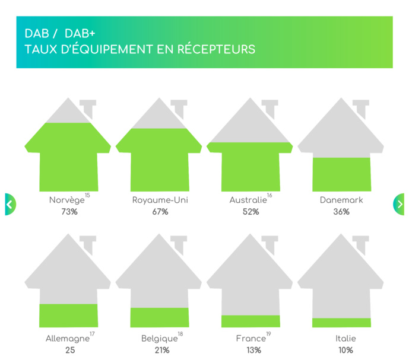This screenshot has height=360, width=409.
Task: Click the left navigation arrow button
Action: (x=9, y=204)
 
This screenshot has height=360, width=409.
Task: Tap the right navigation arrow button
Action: (x=399, y=204)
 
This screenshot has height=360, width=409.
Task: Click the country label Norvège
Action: (x=66, y=200)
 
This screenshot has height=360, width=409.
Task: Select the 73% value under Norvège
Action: (x=69, y=212)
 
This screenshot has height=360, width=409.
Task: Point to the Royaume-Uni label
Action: (x=158, y=200)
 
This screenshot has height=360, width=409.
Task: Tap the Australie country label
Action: (x=248, y=200)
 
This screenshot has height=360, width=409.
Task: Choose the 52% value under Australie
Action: (x=251, y=212)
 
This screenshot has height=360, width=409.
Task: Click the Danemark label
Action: (x=341, y=200)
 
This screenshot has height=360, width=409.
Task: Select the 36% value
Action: (x=341, y=212)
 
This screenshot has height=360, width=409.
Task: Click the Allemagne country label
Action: (x=67, y=339)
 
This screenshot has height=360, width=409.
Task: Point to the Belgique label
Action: (x=159, y=339)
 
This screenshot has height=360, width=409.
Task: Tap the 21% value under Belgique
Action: (x=160, y=350)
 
